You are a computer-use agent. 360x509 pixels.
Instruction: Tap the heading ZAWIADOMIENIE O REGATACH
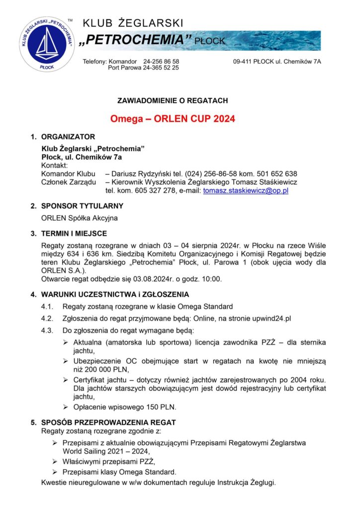172,100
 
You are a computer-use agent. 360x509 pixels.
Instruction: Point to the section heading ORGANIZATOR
68,137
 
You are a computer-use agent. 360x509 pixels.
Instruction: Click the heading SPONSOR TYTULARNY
82,206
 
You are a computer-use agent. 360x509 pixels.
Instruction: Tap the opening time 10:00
211,279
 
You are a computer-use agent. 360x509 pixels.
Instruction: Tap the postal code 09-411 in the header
243,61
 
